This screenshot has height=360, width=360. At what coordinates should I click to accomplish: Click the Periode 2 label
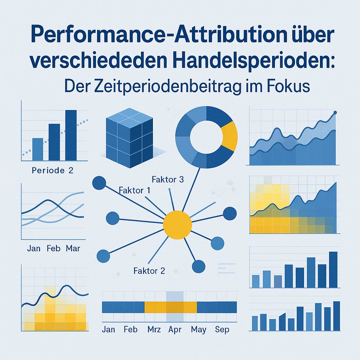(x=52, y=171)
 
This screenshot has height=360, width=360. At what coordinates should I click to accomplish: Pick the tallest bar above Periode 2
(x=71, y=135)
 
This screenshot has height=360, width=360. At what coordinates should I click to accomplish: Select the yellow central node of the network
(x=178, y=224)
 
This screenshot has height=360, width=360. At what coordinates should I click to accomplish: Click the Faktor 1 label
(x=135, y=191)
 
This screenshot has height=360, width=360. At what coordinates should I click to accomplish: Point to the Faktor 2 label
(x=149, y=271)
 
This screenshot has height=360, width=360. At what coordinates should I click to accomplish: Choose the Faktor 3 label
(x=168, y=179)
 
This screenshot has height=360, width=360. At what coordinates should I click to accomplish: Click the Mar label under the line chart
(x=73, y=249)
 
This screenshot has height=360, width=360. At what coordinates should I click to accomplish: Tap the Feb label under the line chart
(x=53, y=249)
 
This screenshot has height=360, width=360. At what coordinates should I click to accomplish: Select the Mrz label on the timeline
(x=154, y=330)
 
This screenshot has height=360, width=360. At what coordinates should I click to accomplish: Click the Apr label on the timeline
(x=174, y=330)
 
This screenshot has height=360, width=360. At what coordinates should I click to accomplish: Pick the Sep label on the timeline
(x=222, y=330)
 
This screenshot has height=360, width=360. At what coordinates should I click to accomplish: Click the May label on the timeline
(x=199, y=330)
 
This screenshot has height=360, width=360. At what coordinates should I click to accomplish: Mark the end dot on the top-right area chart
(x=335, y=112)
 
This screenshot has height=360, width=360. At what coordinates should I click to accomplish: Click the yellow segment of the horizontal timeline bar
(x=171, y=307)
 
